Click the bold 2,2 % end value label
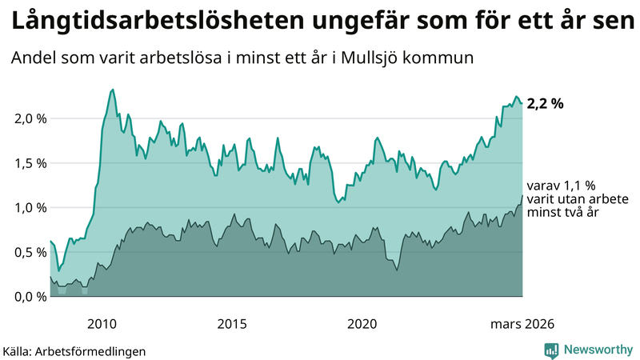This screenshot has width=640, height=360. [x=546, y=103]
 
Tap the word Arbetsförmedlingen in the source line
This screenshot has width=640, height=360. [x=97, y=351]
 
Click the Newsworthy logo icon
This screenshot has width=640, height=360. [x=551, y=350]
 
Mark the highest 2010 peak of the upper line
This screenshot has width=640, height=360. [x=113, y=90]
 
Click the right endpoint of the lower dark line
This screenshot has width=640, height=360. [x=522, y=195]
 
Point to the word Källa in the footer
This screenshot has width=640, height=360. [x=20, y=351]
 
